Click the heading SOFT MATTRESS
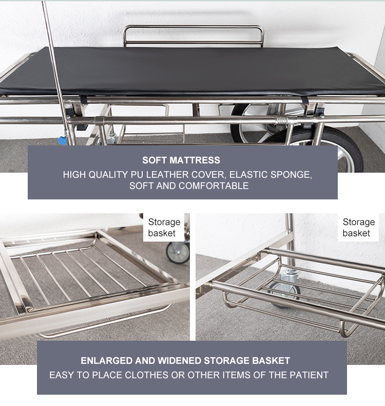pos(181,160)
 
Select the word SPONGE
pos(291,175)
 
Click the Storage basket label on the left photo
pos(164,228)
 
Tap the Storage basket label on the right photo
pos(358,228)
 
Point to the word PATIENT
pos(306,375)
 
